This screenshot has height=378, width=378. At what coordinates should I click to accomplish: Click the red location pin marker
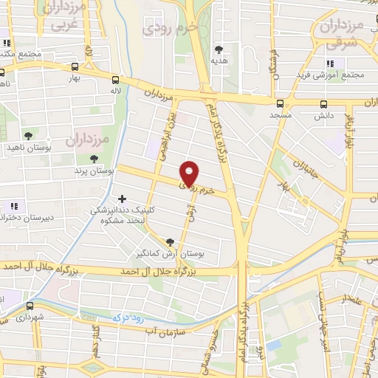190,173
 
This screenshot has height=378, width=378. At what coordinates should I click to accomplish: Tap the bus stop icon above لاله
116,79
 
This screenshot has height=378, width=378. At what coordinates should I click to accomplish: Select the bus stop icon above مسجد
280,104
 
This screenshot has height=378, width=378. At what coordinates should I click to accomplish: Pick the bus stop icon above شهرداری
30,306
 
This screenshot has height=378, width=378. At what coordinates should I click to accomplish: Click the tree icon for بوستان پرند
93,158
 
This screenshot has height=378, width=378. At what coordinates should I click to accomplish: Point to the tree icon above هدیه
218,51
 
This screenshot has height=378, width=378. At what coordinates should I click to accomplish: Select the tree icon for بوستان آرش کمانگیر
171,241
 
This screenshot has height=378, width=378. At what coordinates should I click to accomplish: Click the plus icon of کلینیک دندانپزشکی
123,198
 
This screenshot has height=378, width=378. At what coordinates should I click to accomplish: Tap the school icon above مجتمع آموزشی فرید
331,63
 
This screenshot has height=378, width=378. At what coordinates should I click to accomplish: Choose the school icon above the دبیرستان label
13,206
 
